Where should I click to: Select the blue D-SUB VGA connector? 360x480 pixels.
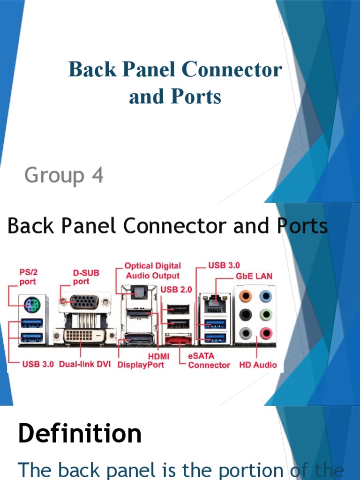(85, 301)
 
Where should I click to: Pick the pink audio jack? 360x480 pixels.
(266, 333)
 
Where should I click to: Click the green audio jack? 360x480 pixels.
(266, 315)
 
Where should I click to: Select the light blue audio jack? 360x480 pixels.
(266, 296)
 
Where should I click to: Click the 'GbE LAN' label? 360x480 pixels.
(254, 276)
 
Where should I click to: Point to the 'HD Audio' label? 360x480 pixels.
(258, 365)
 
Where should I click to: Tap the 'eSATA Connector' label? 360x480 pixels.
(209, 360)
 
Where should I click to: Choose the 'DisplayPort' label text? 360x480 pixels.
(141, 364)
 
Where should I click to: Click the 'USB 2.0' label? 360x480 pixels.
(176, 290)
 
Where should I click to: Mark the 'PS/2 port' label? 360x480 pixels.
(28, 277)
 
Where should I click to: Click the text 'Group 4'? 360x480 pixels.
(64, 176)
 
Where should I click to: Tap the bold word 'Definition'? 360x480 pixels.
(80, 433)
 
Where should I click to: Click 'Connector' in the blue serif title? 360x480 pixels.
(232, 70)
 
